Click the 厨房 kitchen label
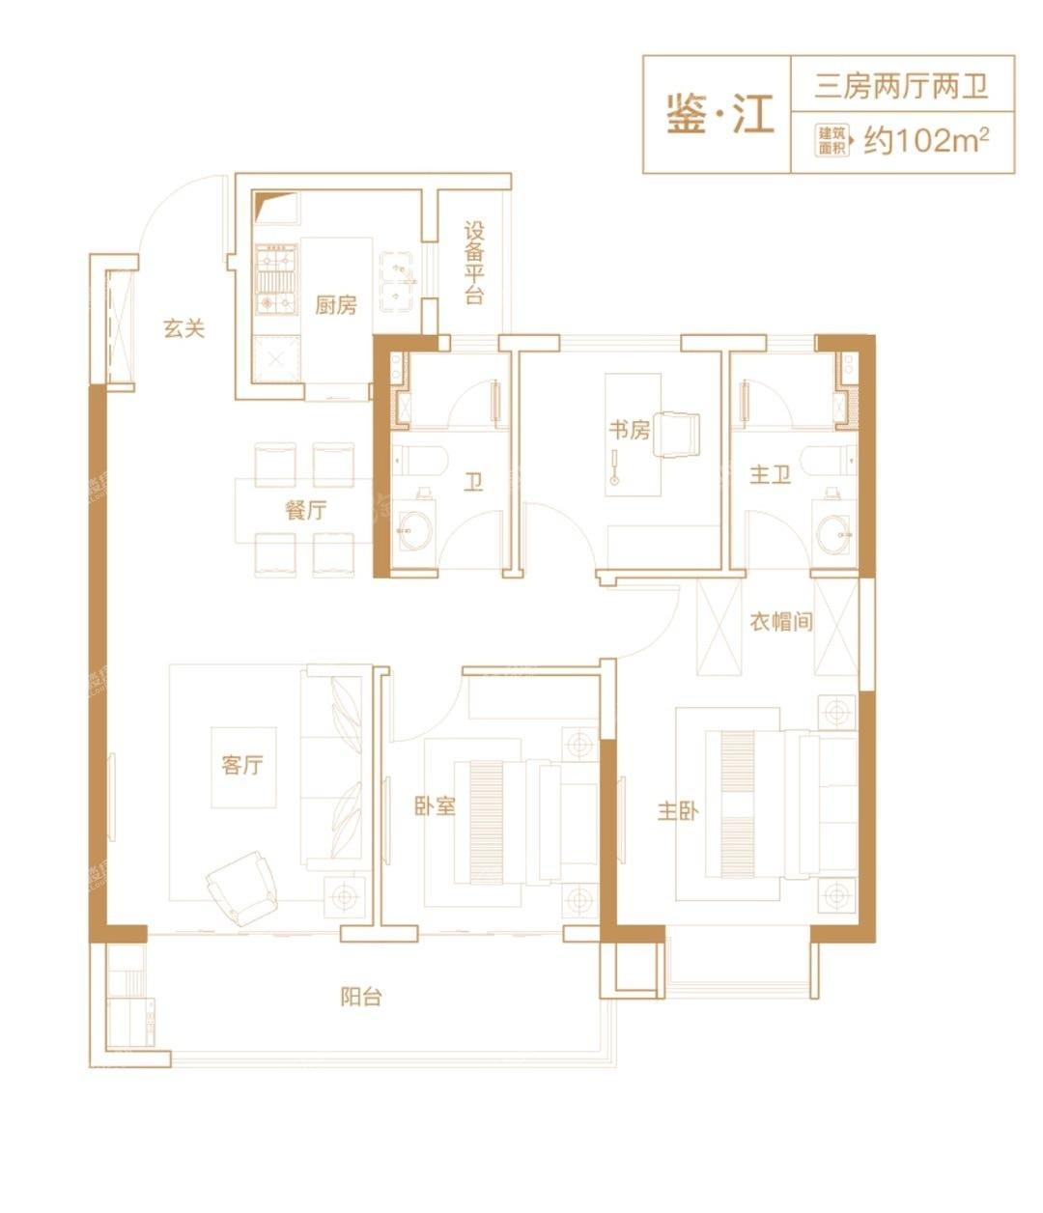(x=335, y=304)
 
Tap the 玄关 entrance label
(x=183, y=328)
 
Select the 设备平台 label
(x=473, y=263)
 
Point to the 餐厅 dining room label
(x=305, y=510)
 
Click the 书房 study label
(x=629, y=430)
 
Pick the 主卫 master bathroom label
(x=770, y=474)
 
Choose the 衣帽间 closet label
(x=780, y=621)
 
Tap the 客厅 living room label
(x=241, y=765)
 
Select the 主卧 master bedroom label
(x=678, y=811)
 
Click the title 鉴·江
(x=719, y=113)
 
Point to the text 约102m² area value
(x=926, y=140)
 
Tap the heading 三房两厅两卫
(x=902, y=86)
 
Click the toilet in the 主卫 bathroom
(x=828, y=462)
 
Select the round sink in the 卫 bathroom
(x=415, y=530)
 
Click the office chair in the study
(x=676, y=435)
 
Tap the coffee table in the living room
(x=243, y=768)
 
